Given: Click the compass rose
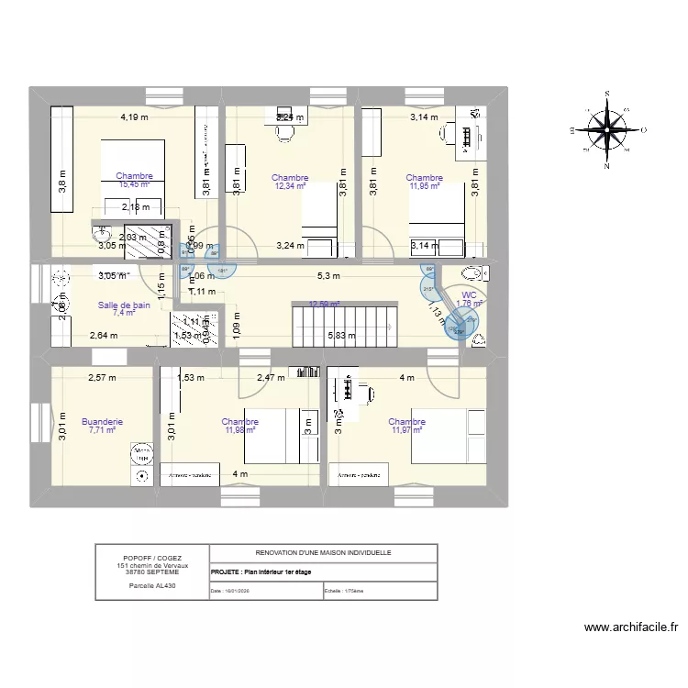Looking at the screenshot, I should [x=606, y=131].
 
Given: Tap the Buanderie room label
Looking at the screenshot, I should [x=102, y=422].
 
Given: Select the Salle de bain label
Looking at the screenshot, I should [x=124, y=305].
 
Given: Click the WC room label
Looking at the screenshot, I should [x=468, y=294].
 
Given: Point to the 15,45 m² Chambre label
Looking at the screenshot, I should [x=134, y=183].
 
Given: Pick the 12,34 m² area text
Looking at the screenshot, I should [x=290, y=186].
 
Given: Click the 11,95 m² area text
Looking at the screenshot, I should [x=424, y=186].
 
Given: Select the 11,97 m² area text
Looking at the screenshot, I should [x=406, y=430].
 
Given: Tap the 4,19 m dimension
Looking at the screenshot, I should [x=134, y=117].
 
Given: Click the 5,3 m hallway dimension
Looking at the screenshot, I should [x=328, y=275].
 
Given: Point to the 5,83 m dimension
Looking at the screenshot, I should [x=343, y=336].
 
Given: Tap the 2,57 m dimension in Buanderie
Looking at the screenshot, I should [x=102, y=377].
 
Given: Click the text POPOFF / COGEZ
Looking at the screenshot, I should [x=151, y=558].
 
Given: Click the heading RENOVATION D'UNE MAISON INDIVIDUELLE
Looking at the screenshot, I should [x=323, y=553].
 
